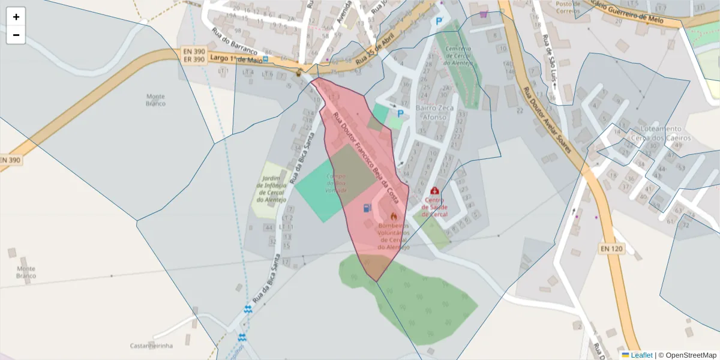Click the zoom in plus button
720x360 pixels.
tap(16, 17)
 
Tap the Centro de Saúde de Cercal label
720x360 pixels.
tap(434, 207)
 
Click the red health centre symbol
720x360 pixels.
tap(434, 191)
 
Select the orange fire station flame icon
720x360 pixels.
tap(394, 216)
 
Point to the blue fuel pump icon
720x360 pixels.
tap(367, 208)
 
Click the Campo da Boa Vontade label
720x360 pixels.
tap(336, 182)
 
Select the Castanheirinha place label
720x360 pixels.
tap(151, 346)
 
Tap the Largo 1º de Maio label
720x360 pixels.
tap(238, 59)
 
